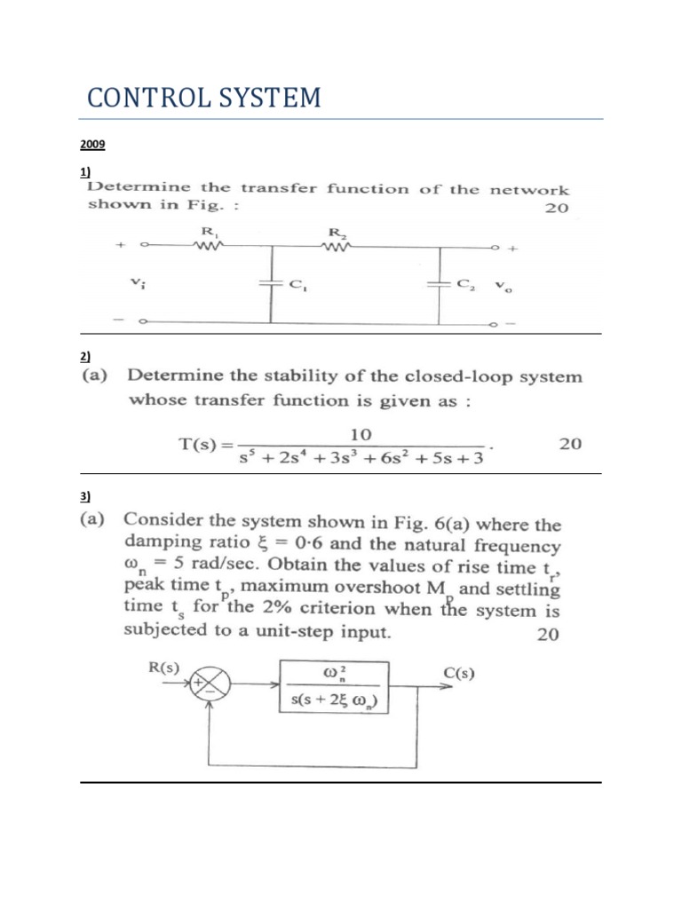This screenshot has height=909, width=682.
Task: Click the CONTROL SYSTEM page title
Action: tap(203, 98)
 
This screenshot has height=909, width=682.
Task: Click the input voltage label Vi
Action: tap(137, 282)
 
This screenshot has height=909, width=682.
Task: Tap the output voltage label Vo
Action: tap(503, 286)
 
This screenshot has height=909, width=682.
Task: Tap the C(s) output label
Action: tap(458, 672)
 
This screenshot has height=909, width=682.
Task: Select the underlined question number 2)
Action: tap(85, 356)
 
